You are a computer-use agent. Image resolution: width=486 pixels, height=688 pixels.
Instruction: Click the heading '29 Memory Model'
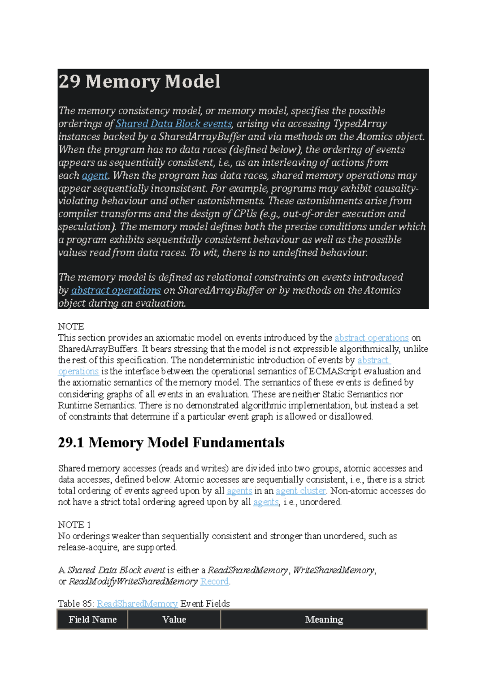(x=139, y=81)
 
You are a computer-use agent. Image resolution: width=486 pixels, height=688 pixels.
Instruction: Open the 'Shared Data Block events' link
(x=174, y=124)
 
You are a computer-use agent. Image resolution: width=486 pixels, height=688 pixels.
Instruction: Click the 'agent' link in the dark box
(x=95, y=175)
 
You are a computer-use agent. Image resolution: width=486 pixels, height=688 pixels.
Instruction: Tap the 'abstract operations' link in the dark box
(x=116, y=290)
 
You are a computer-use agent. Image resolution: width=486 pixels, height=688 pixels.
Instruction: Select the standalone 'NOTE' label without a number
(x=71, y=327)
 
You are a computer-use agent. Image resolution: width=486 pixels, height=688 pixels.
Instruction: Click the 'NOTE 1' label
(x=74, y=525)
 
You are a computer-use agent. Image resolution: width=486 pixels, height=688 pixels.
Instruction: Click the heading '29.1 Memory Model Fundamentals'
(x=171, y=442)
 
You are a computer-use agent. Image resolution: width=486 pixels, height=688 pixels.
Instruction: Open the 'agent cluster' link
(x=301, y=491)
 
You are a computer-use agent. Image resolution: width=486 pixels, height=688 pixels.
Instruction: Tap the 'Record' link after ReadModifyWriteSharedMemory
(x=214, y=581)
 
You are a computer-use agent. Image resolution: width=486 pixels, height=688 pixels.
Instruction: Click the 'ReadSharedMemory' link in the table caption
(x=137, y=604)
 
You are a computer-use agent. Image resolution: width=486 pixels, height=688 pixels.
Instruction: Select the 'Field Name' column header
(x=93, y=620)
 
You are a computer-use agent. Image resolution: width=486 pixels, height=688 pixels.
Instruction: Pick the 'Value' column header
(x=174, y=620)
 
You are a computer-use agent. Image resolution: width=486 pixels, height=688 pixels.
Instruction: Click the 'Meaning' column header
(x=324, y=620)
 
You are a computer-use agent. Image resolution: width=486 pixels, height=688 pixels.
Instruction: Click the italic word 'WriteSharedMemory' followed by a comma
(x=333, y=570)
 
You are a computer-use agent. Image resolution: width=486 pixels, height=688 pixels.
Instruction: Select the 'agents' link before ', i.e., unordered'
(x=266, y=502)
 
